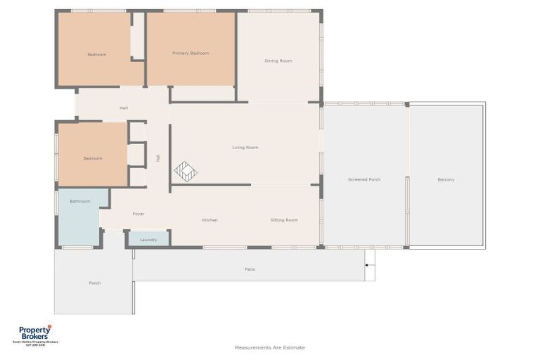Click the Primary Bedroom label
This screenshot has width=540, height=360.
pyautogui.click(x=191, y=53)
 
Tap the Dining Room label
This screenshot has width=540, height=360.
pyautogui.click(x=278, y=61)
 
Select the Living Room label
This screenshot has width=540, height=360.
pyautogui.click(x=245, y=148)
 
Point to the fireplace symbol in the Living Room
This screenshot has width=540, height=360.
pyautogui.click(x=186, y=171)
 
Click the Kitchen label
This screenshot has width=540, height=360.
pyautogui.click(x=210, y=220)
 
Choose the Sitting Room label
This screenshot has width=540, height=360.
pyautogui.click(x=284, y=220)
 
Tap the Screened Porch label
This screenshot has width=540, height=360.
pyautogui.click(x=364, y=180)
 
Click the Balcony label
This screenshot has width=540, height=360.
pyautogui.click(x=446, y=180)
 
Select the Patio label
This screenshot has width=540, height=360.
pyautogui.click(x=250, y=269)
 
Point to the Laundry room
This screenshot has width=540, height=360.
pyautogui.click(x=148, y=239)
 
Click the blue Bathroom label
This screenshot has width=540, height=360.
pyautogui.click(x=80, y=202)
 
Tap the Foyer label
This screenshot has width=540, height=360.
pyautogui.click(x=139, y=214)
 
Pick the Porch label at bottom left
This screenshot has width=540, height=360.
pyautogui.click(x=95, y=283)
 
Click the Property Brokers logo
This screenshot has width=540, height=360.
pyautogui.click(x=35, y=335)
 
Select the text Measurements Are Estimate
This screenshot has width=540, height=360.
pyautogui.click(x=270, y=347)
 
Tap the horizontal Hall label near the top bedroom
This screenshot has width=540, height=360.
pyautogui.click(x=124, y=108)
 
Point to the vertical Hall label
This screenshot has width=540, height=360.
pyautogui.click(x=158, y=158)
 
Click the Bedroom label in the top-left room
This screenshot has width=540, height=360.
pyautogui.click(x=97, y=55)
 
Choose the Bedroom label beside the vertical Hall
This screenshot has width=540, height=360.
pyautogui.click(x=93, y=159)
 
